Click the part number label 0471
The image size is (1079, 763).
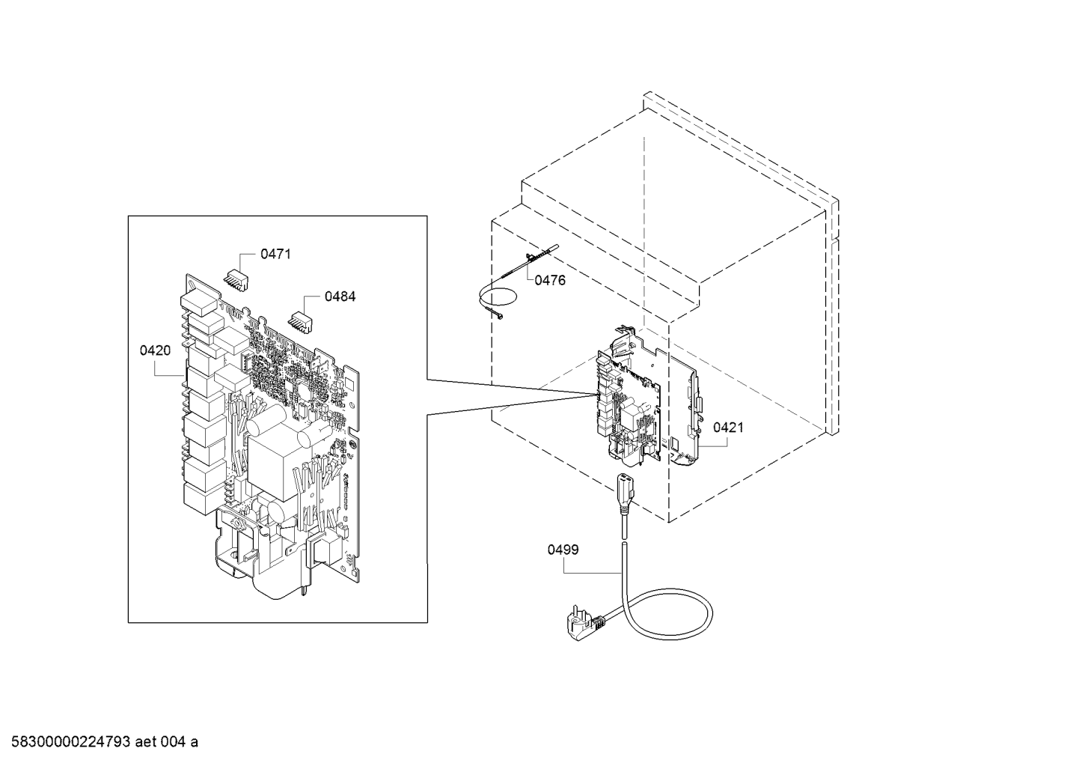pos(275,254)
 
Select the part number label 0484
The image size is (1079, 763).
pos(340,297)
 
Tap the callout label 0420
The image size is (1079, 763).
pos(155,351)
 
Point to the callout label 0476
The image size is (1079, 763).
pos(550,281)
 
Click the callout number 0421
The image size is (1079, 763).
pos(728,428)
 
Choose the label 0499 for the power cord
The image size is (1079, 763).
pos(563,550)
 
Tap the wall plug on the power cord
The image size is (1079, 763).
pos(583,627)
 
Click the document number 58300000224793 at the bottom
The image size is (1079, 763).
pos(70,742)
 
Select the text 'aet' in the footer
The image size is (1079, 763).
pos(145,742)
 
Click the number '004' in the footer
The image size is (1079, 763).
pos(172,742)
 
